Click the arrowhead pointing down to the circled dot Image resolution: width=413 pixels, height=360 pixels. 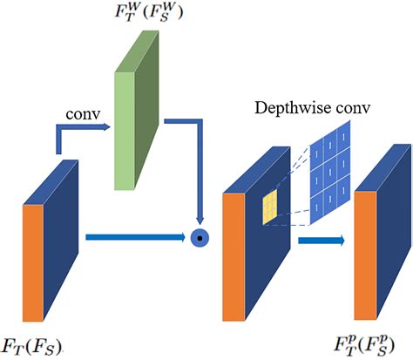202,218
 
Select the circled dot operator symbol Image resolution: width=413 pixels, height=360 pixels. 202,236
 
